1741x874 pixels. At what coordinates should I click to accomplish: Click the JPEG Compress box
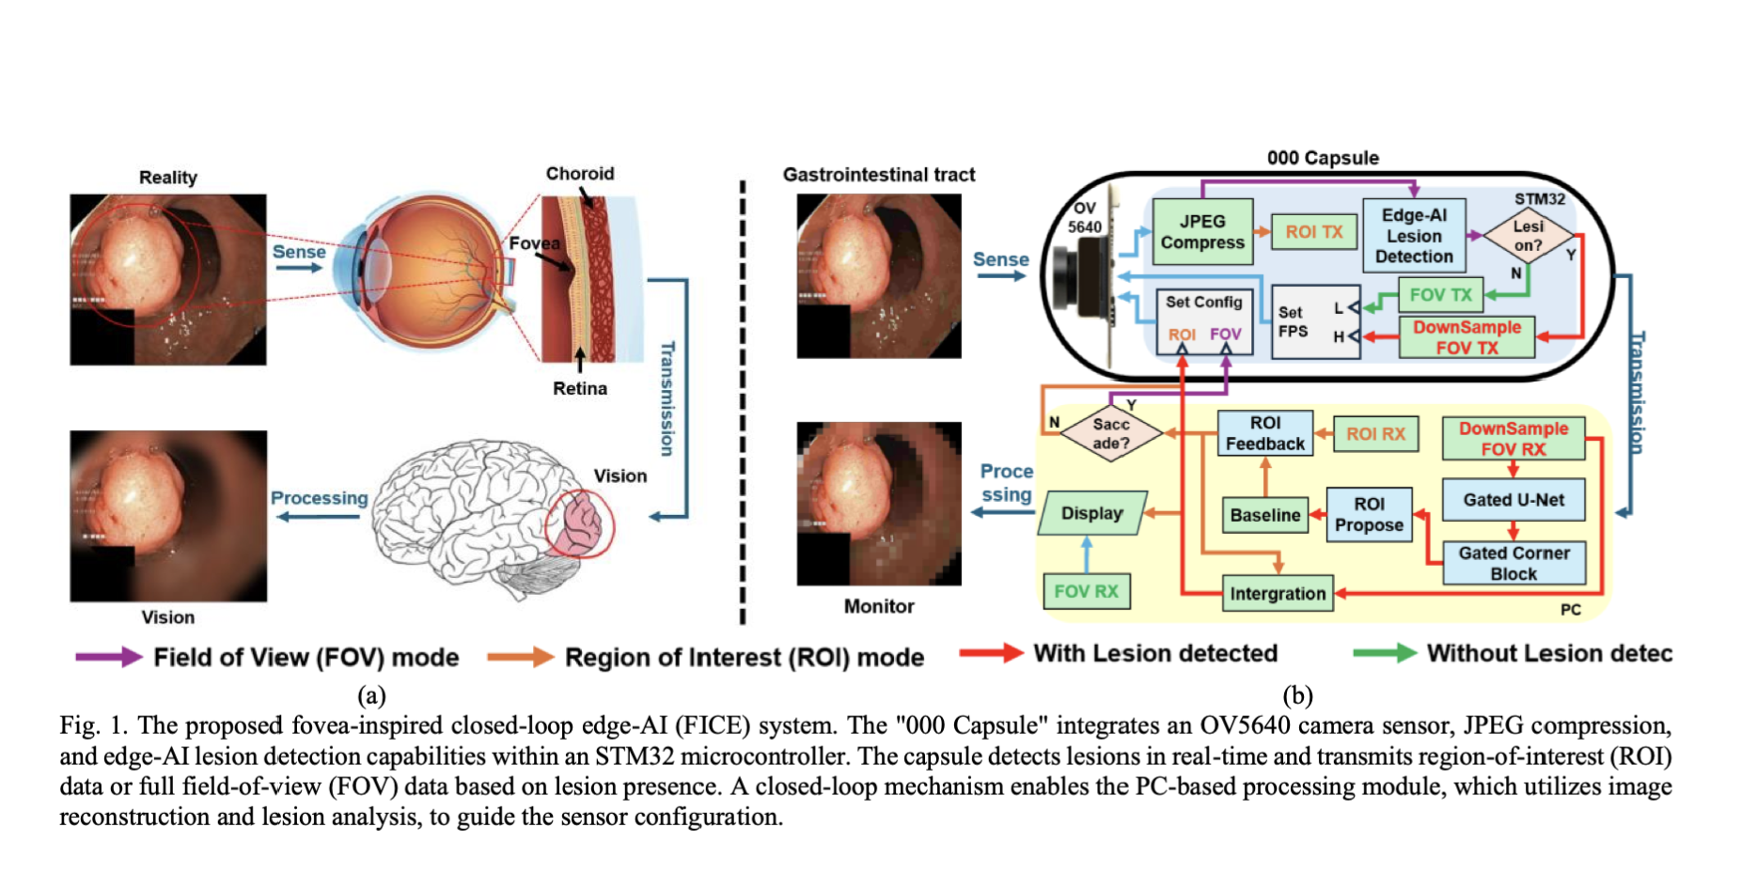(1202, 231)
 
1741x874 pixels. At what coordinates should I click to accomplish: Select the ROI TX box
(1313, 232)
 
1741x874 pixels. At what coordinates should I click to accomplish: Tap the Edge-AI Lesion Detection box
(1413, 235)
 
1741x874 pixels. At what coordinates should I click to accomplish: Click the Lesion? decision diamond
(1528, 235)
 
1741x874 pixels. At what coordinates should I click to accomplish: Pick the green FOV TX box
(1440, 294)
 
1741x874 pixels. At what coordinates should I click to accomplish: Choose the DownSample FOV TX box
(1467, 337)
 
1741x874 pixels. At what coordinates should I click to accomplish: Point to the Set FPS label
(1293, 321)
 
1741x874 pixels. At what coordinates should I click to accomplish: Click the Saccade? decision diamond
(1111, 433)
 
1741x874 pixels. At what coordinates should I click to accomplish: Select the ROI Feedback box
(1264, 433)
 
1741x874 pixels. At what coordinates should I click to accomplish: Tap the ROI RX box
(1375, 433)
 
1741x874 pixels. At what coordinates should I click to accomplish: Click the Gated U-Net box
(1514, 500)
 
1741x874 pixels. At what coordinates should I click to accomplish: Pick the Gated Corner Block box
(1514, 563)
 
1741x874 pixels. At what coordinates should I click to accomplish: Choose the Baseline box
(1265, 515)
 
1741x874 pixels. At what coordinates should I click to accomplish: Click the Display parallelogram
(1092, 513)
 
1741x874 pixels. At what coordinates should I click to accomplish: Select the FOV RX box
(1086, 591)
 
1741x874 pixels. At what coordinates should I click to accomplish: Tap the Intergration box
(1278, 594)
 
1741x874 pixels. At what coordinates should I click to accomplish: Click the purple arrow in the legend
(107, 657)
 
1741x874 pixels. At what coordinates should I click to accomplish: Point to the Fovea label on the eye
(534, 243)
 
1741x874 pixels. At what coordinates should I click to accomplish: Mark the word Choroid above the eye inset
(579, 174)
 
